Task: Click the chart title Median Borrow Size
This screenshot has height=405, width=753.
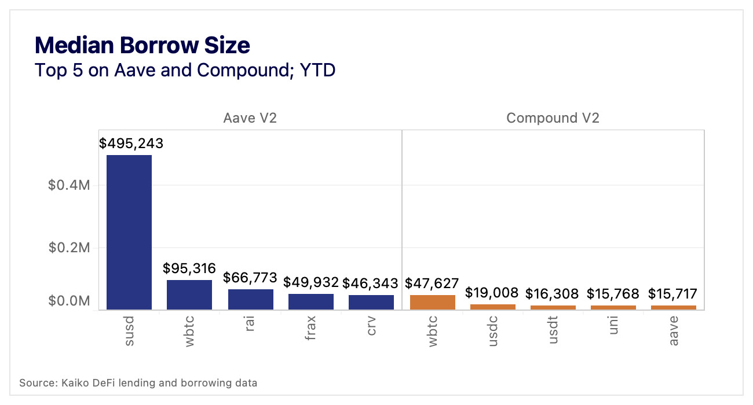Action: click(142, 45)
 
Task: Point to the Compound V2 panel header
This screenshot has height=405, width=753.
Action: click(553, 118)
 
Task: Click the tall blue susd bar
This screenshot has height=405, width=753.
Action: click(129, 232)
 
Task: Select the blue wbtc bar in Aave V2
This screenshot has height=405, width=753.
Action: click(189, 295)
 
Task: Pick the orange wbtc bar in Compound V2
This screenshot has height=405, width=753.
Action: click(432, 302)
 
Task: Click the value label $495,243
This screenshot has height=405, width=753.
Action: click(131, 143)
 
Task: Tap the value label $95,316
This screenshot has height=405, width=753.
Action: click(189, 268)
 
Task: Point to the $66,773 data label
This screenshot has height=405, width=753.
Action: click(250, 278)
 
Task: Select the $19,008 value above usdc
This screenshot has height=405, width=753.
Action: click(493, 293)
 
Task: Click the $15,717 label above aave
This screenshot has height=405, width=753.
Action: click(672, 294)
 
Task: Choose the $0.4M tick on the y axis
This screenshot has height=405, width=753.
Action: click(68, 185)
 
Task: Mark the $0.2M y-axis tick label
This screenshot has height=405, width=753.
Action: click(68, 248)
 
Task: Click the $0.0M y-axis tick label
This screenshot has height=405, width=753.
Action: click(68, 301)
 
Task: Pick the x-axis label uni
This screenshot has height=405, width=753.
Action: click(613, 326)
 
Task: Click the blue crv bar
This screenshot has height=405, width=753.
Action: click(371, 303)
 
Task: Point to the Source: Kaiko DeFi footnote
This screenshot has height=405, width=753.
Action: click(138, 383)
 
